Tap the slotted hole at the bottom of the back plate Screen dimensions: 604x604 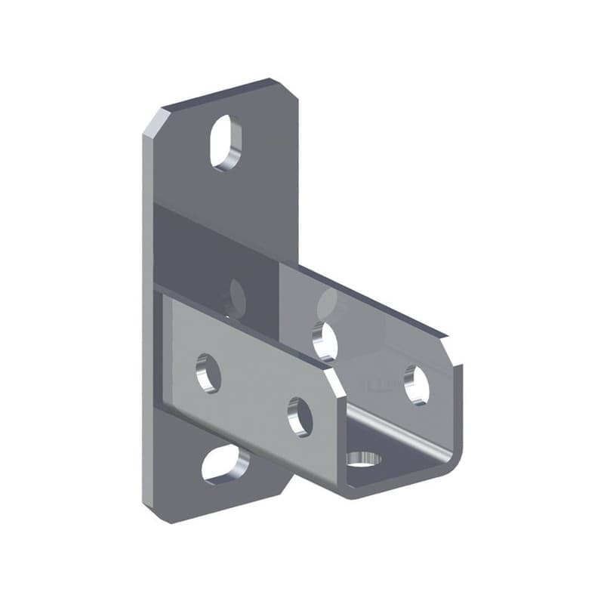tap(225, 464)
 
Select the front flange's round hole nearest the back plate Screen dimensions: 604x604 tap(208, 373)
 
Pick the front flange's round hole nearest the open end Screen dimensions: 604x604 tap(300, 416)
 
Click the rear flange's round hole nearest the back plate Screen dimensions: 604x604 tap(325, 339)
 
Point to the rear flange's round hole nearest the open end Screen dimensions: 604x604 tap(416, 384)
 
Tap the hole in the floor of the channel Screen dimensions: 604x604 tap(363, 458)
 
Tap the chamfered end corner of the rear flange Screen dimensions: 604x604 tap(451, 350)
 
